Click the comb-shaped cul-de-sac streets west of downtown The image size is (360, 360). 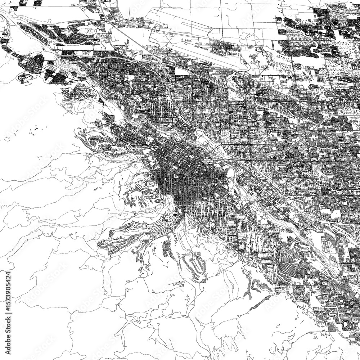[x=139, y=198]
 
